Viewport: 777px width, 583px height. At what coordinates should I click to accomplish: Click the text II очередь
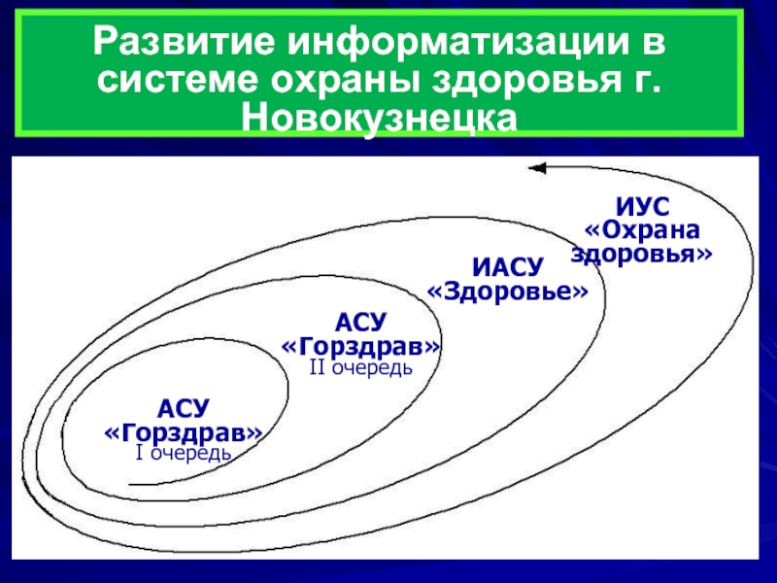pyautogui.click(x=361, y=368)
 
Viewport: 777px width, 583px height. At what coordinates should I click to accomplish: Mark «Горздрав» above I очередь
pyautogui.click(x=184, y=430)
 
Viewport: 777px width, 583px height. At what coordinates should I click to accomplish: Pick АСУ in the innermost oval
pyautogui.click(x=184, y=408)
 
